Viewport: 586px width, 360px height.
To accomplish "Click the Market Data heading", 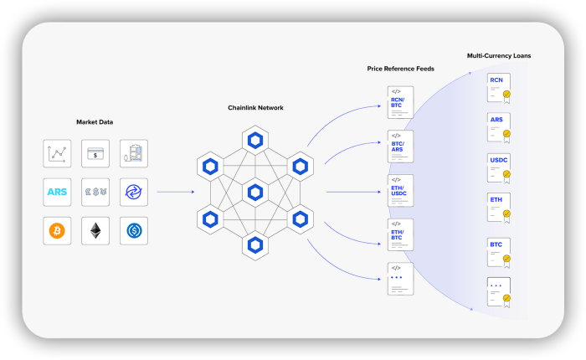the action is coord(95,122).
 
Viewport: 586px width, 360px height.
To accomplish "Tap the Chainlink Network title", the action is coord(255,108).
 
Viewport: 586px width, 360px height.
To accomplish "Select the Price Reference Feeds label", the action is coord(401,69).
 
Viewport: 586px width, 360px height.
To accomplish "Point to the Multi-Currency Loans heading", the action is coord(499,56).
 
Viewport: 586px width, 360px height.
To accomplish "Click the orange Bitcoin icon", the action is coord(57,231).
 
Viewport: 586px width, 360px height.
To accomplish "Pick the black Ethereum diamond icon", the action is coord(95,231).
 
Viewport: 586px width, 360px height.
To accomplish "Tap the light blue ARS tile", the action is coord(57,192).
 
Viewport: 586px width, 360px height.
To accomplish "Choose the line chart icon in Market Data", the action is coord(57,153).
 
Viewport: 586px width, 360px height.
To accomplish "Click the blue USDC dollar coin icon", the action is coord(134,231).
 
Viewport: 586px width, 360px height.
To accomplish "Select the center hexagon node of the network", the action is coord(255,193).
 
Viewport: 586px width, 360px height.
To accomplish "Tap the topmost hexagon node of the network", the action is coord(255,141).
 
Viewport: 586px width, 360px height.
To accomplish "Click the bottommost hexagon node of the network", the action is coord(255,245).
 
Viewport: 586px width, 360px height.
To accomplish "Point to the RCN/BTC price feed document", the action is coord(400,102).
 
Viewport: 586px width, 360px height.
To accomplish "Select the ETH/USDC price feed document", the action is coord(400,190).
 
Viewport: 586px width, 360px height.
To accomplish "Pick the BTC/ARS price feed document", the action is coord(400,147).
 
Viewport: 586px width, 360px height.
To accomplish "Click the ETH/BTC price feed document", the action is coord(400,234).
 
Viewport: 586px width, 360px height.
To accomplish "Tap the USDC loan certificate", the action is coord(499,168).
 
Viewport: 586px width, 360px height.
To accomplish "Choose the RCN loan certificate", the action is coord(499,88).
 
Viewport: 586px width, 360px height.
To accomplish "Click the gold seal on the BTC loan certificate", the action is coord(506,259).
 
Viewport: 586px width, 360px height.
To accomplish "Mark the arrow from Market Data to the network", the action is coord(176,192).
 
